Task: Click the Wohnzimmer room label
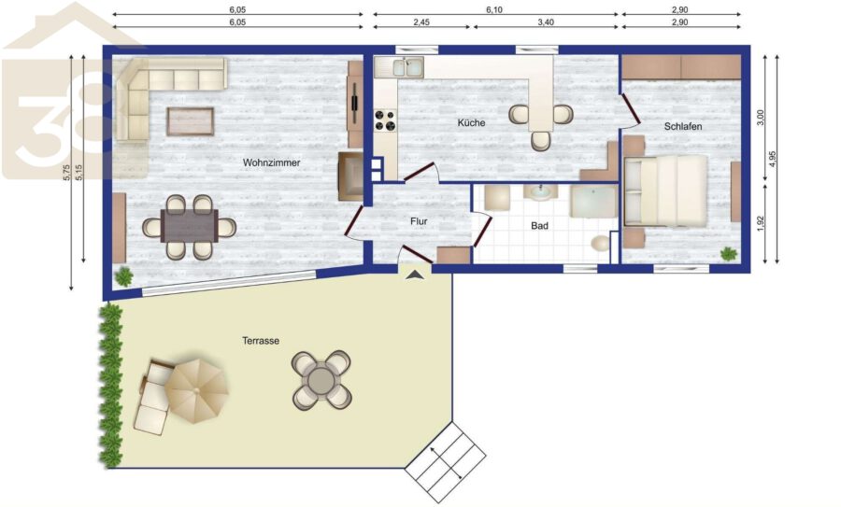tap(271, 162)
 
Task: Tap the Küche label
tap(472, 122)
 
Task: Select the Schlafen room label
tap(683, 126)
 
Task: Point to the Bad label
tap(539, 226)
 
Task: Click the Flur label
tap(419, 221)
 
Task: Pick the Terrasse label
tap(261, 341)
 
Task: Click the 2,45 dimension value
tap(421, 22)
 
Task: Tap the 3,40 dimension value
tap(546, 22)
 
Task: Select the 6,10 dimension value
tap(494, 9)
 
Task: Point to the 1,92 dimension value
tap(760, 223)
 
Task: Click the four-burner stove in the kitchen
tap(385, 120)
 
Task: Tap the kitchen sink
tap(407, 67)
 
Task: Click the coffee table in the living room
tap(191, 121)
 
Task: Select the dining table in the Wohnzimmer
tap(190, 226)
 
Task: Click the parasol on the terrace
tap(196, 391)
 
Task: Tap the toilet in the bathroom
tap(600, 244)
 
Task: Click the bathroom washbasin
tap(540, 191)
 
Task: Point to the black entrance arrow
tap(415, 275)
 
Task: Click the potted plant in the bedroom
tap(728, 254)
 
